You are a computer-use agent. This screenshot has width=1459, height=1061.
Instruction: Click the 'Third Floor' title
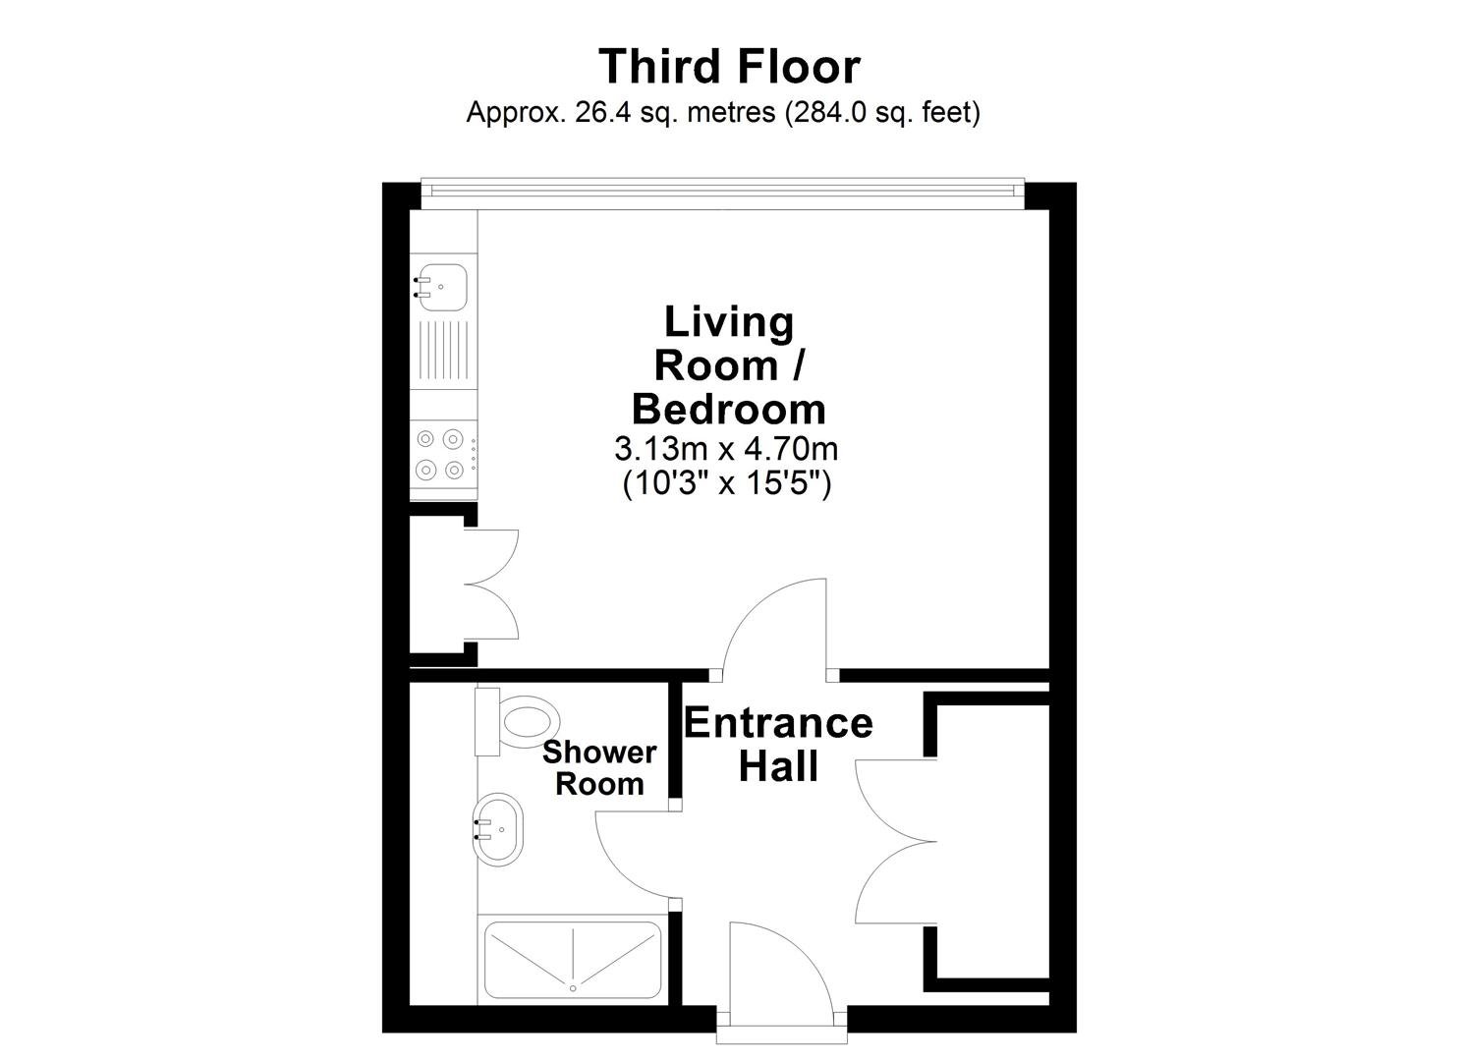(729, 67)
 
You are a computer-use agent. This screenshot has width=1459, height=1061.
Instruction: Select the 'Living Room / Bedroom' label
(729, 365)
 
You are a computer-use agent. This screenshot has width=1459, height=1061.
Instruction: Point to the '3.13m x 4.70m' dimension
(726, 449)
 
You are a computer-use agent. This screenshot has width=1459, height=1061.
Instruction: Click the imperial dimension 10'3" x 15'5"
(727, 484)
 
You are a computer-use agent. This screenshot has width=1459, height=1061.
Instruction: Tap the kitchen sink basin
(440, 287)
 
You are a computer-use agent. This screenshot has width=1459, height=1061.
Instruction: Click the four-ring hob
(443, 453)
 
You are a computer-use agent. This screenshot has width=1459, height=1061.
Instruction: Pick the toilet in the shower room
(518, 722)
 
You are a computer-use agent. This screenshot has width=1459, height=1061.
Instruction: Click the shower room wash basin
(497, 829)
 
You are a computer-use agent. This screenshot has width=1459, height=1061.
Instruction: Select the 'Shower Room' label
(599, 768)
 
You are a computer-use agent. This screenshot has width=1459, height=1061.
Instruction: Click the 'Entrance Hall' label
(778, 745)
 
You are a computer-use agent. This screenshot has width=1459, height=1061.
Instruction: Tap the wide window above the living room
(722, 194)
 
